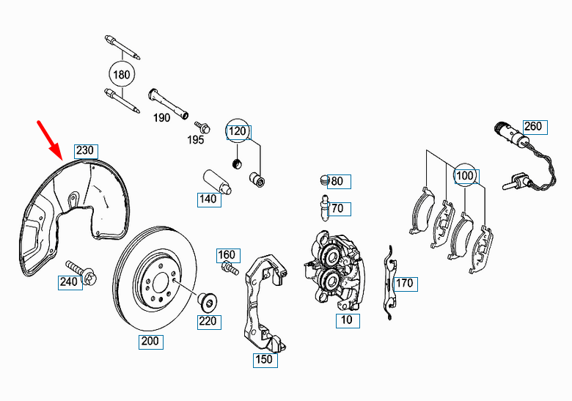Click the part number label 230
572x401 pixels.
(85, 151)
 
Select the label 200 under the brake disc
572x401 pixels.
(150, 341)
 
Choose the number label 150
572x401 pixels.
(263, 359)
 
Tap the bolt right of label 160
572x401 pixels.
(232, 269)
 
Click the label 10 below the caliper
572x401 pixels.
(347, 320)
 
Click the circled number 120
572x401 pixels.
(236, 132)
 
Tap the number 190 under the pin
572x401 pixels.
(161, 117)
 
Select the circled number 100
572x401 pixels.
(465, 176)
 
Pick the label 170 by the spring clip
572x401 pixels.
(404, 283)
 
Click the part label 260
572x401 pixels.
(532, 126)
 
